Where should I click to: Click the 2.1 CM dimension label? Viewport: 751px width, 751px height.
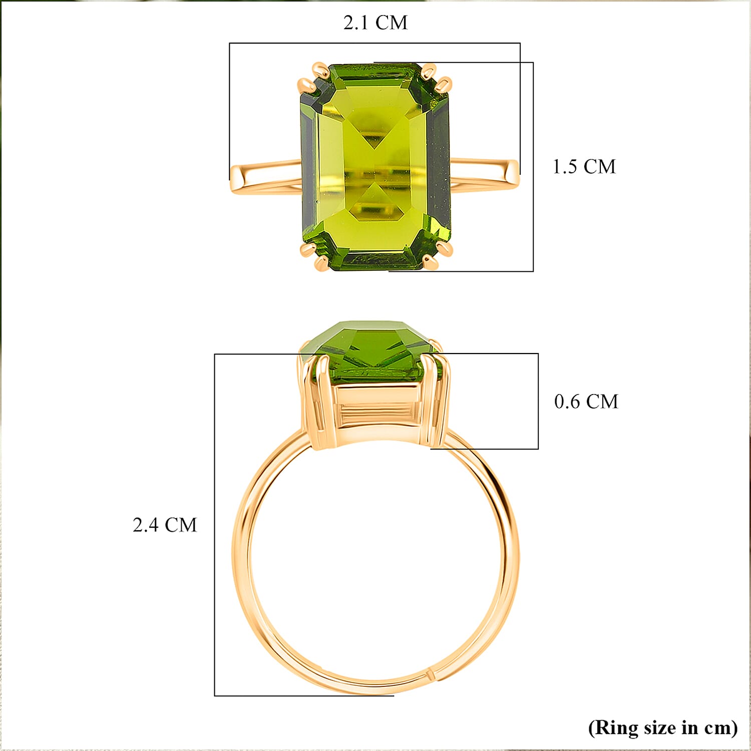tap(375, 23)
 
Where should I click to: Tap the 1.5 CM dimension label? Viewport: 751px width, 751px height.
tap(584, 167)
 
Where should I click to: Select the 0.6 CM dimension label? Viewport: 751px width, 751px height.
tap(586, 402)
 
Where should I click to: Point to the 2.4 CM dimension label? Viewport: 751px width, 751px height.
tap(165, 525)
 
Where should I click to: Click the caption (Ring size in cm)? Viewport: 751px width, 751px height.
tap(662, 727)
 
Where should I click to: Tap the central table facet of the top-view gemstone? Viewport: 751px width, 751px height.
tap(374, 165)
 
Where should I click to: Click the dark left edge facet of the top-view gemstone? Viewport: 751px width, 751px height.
tap(307, 165)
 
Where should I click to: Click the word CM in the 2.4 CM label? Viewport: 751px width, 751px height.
tap(181, 525)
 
